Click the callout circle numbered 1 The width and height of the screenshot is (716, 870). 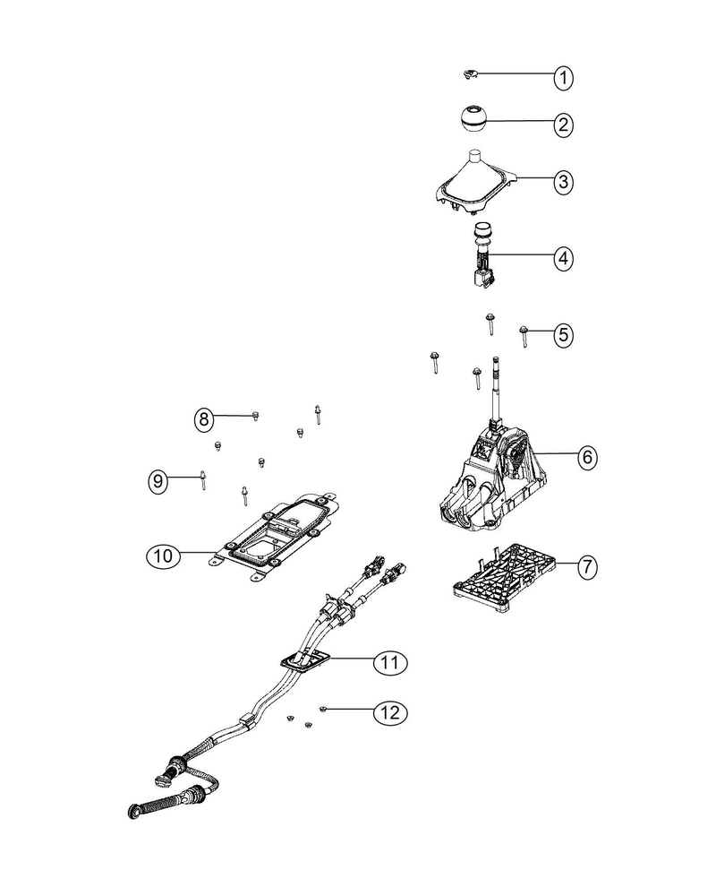click(563, 78)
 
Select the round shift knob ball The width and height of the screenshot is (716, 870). click(473, 118)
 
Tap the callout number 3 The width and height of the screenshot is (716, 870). click(563, 181)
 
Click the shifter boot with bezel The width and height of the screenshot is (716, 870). click(474, 183)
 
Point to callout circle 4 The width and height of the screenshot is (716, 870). click(563, 259)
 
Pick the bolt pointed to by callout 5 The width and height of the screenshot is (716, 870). click(524, 335)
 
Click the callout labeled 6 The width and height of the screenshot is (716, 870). click(587, 457)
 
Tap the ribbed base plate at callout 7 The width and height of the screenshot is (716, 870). click(503, 578)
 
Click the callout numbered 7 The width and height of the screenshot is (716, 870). click(587, 567)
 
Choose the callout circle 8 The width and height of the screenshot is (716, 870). click(203, 419)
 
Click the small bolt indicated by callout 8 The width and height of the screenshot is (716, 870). click(255, 416)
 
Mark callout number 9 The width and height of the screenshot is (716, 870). click(158, 480)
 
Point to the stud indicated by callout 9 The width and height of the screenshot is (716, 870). click(203, 480)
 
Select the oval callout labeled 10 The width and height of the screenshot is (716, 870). click(163, 556)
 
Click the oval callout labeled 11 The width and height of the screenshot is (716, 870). click(390, 662)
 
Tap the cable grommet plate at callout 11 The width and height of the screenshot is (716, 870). click(304, 661)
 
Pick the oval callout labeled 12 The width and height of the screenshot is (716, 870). click(390, 712)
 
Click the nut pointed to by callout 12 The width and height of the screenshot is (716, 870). click(322, 709)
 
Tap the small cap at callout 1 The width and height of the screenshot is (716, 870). click(471, 73)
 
